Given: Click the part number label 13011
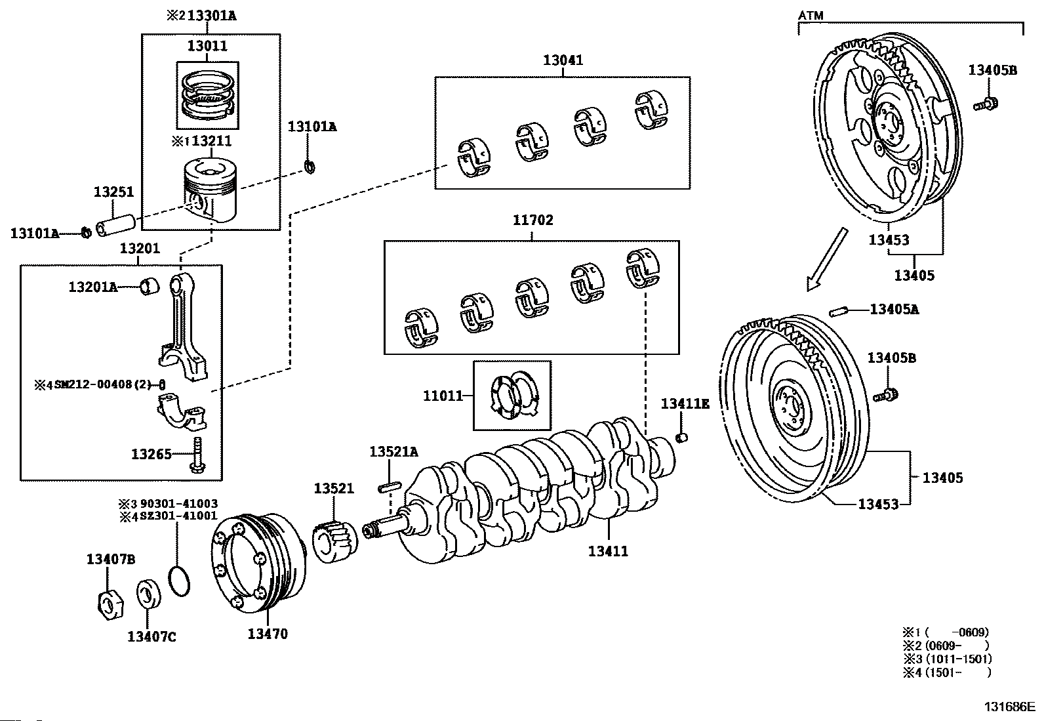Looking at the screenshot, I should pyautogui.click(x=207, y=46).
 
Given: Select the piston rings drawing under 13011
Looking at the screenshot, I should pyautogui.click(x=207, y=95).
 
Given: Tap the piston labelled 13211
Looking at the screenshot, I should pyautogui.click(x=208, y=191).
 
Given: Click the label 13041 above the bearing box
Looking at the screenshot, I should pyautogui.click(x=563, y=60).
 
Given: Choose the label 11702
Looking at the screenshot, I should pyautogui.click(x=532, y=220).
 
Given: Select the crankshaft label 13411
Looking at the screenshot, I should pyautogui.click(x=608, y=552).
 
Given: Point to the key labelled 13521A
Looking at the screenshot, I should pyautogui.click(x=390, y=486).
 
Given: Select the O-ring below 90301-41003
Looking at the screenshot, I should pyautogui.click(x=178, y=581).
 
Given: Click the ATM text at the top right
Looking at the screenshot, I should pyautogui.click(x=811, y=14).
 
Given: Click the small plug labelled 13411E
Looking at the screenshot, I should pyautogui.click(x=683, y=437).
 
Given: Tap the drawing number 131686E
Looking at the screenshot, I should pyautogui.click(x=1008, y=707).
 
